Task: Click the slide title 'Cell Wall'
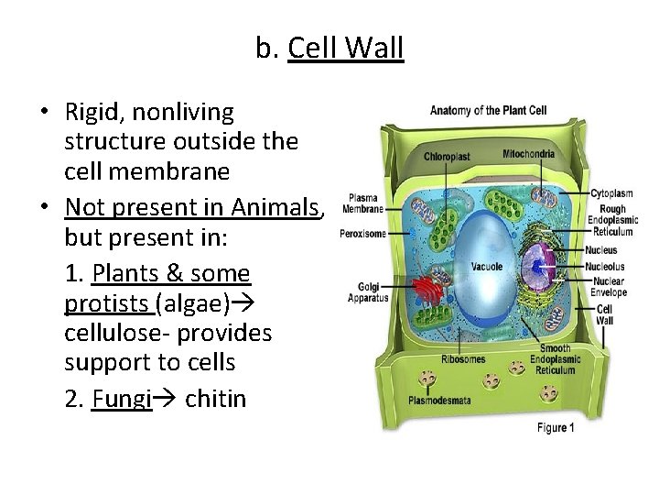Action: pos(345,49)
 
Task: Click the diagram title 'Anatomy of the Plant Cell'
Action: pos(488,110)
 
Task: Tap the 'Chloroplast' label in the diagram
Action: pos(446,156)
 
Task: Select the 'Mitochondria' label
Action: pos(528,153)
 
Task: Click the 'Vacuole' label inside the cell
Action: pos(486,267)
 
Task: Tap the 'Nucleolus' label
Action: pos(607,265)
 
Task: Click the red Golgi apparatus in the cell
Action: pos(427,290)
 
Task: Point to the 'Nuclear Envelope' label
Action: pos(609,287)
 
